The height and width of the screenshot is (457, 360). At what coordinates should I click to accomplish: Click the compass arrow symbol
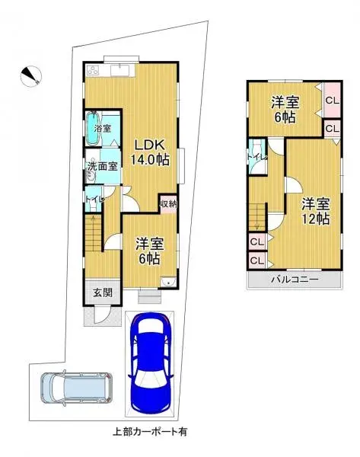30,75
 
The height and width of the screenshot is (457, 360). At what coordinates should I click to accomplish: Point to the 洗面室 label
101,165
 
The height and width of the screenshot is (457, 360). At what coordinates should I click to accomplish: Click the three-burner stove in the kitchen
95,71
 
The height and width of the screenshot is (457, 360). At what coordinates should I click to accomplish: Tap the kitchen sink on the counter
121,72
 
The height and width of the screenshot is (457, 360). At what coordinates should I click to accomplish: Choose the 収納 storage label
168,203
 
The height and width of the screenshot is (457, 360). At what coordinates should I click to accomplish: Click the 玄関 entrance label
103,292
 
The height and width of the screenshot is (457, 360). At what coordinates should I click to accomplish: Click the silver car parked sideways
75,389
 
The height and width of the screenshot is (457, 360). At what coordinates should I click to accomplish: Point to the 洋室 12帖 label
314,211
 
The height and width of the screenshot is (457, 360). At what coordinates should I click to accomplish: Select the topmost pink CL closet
331,101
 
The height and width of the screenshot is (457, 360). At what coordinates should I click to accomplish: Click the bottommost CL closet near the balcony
256,260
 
